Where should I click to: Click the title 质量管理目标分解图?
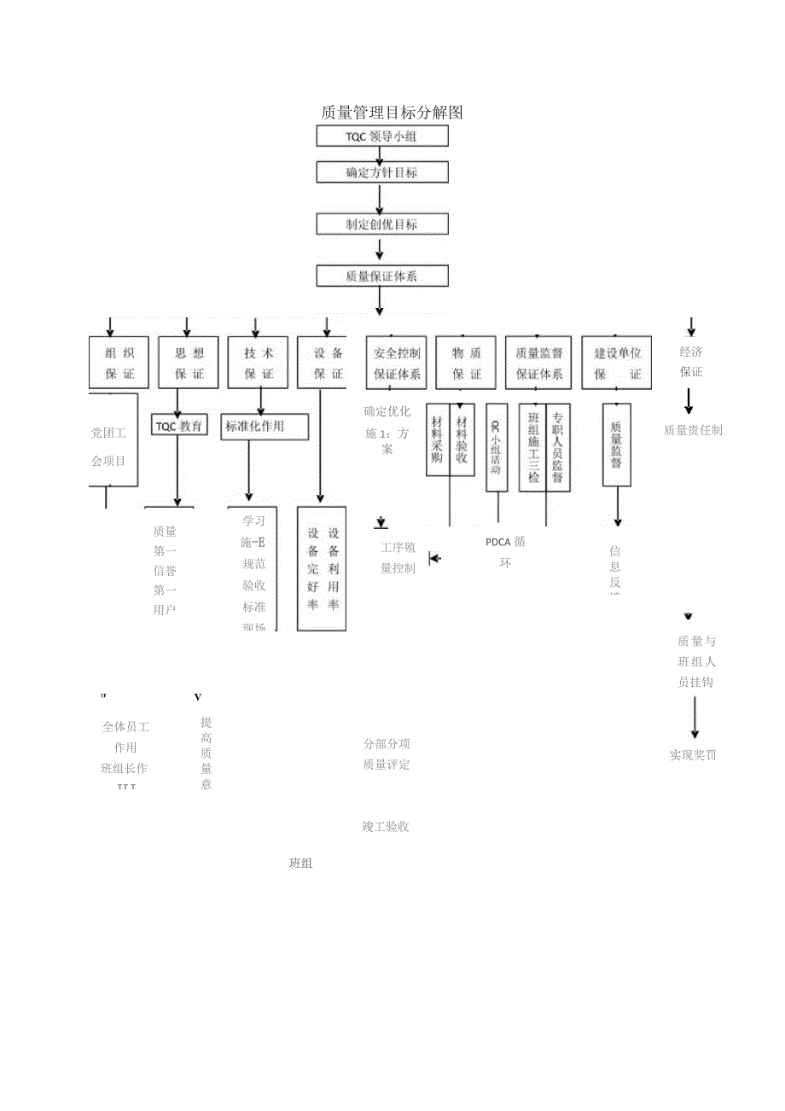click(x=392, y=112)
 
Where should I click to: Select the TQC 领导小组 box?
click(x=381, y=137)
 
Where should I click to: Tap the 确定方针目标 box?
click(x=381, y=172)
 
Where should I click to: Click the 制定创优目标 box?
click(x=381, y=224)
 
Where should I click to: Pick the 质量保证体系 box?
click(x=381, y=276)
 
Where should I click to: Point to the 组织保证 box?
click(x=119, y=363)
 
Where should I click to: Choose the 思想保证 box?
click(x=189, y=363)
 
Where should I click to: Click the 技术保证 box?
click(x=259, y=363)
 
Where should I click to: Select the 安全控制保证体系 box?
click(x=397, y=363)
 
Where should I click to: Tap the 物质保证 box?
click(x=466, y=363)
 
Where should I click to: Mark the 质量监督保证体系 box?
click(x=539, y=363)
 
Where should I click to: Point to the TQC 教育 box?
click(x=179, y=425)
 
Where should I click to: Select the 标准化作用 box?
click(x=264, y=426)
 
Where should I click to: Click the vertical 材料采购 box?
click(x=437, y=439)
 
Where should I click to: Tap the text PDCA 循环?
click(x=505, y=552)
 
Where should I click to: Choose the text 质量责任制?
click(x=693, y=430)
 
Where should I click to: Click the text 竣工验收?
click(x=386, y=826)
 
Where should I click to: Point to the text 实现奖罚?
click(x=693, y=755)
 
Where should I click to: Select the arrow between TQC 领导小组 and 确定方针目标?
click(x=380, y=154)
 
